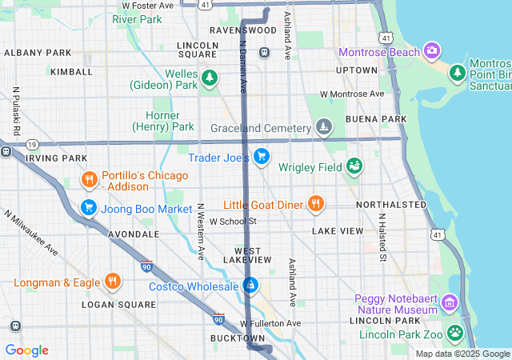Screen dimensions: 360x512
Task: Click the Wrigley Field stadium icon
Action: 354,166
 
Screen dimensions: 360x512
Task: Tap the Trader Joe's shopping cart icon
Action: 261,156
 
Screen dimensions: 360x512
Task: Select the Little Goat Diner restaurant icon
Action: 316,203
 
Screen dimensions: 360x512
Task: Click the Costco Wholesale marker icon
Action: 250,285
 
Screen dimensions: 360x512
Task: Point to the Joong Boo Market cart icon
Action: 89,208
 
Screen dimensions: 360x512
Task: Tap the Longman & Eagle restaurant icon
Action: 113,282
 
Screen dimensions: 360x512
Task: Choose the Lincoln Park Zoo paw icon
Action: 455,331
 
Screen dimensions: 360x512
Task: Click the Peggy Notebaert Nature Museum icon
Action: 449,303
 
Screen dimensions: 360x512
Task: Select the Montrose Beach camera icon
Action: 432,51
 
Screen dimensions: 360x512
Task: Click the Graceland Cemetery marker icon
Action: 323,127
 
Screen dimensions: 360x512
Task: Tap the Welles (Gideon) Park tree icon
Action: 210,78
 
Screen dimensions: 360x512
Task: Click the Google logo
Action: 26,350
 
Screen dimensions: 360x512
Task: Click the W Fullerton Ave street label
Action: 270,323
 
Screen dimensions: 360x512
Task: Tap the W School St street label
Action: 232,221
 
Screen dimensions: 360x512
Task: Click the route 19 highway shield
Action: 31,144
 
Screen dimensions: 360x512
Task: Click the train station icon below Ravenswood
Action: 264,52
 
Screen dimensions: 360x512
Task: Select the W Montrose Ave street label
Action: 351,94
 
